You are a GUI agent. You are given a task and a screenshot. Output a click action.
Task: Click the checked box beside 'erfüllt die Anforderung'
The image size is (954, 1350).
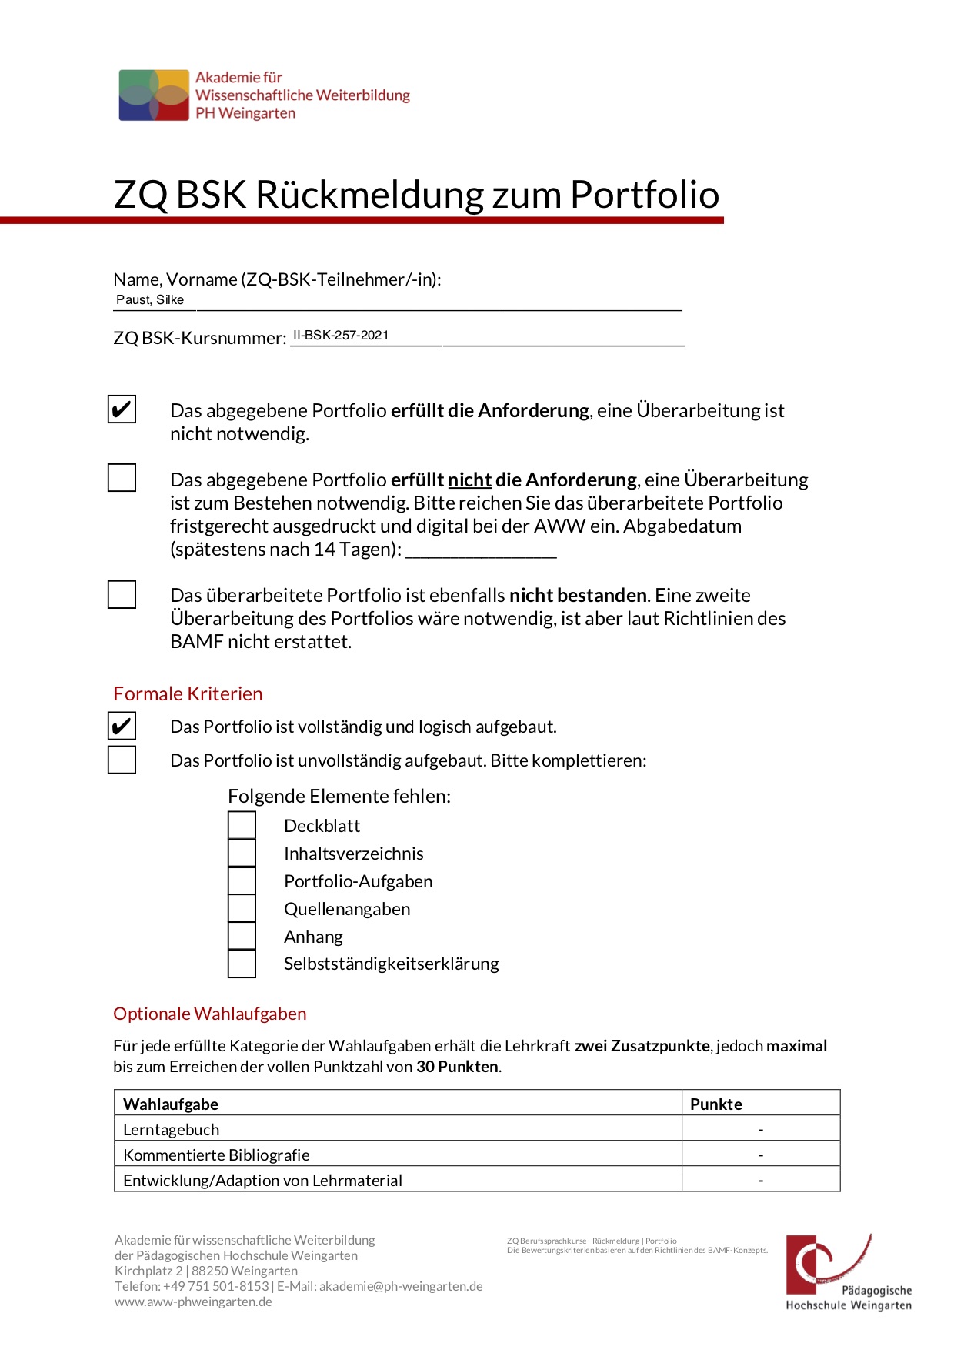pyautogui.click(x=122, y=409)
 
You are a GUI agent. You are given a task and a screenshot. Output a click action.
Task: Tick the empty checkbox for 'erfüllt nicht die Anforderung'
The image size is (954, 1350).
pyautogui.click(x=122, y=478)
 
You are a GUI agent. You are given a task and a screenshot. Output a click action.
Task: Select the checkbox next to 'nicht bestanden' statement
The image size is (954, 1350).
pyautogui.click(x=122, y=594)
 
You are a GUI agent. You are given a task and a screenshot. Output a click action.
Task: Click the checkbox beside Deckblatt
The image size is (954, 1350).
pyautogui.click(x=242, y=825)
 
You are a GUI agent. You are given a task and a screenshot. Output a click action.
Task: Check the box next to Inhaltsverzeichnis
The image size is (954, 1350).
pyautogui.click(x=242, y=853)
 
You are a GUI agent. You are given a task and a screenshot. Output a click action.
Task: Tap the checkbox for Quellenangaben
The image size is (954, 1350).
pyautogui.click(x=242, y=908)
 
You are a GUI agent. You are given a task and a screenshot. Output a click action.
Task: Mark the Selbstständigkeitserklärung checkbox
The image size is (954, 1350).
pyautogui.click(x=242, y=964)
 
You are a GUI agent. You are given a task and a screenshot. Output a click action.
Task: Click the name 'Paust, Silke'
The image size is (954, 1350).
pyautogui.click(x=150, y=300)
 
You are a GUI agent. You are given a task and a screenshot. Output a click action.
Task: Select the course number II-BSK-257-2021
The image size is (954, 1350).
pyautogui.click(x=341, y=336)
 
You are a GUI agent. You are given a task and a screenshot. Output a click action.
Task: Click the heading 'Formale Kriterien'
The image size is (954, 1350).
pyautogui.click(x=188, y=693)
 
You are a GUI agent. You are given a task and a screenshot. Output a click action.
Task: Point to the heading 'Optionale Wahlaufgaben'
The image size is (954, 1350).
pyautogui.click(x=209, y=1014)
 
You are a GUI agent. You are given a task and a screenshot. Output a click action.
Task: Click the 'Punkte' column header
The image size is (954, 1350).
pyautogui.click(x=716, y=1104)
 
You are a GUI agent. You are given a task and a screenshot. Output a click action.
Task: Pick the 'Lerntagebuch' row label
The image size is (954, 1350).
pyautogui.click(x=172, y=1129)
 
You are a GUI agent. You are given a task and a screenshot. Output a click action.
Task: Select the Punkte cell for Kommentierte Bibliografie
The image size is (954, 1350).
pyautogui.click(x=761, y=1155)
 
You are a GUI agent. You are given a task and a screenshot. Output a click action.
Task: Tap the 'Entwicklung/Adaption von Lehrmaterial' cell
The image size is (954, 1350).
pyautogui.click(x=262, y=1180)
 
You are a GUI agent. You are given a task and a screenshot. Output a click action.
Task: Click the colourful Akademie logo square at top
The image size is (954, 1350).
pyautogui.click(x=154, y=95)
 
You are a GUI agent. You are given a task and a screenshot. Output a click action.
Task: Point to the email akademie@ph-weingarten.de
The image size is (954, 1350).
pyautogui.click(x=401, y=1286)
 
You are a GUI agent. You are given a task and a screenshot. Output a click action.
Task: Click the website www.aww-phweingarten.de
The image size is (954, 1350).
pyautogui.click(x=193, y=1302)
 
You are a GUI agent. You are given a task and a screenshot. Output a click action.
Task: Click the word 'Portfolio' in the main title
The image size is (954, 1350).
pyautogui.click(x=644, y=194)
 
